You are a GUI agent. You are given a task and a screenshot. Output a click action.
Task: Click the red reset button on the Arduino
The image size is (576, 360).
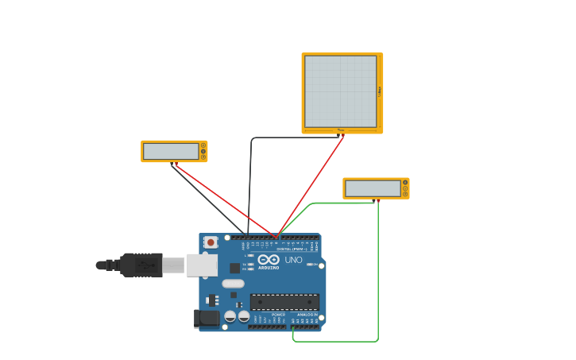point(211,242)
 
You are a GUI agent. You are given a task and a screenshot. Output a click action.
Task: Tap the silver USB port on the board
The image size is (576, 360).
point(202,265)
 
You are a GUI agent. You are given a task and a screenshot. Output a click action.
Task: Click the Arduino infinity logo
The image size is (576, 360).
point(269,260)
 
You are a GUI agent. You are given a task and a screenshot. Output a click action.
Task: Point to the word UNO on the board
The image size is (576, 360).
point(293,260)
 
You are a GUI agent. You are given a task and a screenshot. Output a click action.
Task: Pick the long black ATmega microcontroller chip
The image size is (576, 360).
point(284,302)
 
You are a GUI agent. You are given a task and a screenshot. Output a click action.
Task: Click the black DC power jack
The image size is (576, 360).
point(207,318)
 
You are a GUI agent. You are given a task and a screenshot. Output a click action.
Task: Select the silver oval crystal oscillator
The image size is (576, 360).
point(233,284)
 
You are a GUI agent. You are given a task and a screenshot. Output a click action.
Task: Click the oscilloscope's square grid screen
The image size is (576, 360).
point(340,91)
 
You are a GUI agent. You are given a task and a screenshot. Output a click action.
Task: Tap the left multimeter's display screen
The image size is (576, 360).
point(171,151)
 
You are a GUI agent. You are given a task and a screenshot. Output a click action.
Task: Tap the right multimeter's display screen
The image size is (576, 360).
point(373,188)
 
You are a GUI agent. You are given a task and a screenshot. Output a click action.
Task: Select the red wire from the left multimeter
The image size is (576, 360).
point(226,201)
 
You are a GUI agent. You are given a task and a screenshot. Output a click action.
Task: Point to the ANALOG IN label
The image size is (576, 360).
point(307,315)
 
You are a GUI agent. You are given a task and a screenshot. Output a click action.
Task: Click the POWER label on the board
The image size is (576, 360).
point(278,315)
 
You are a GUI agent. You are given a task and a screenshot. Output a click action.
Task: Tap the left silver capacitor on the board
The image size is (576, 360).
point(230,316)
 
